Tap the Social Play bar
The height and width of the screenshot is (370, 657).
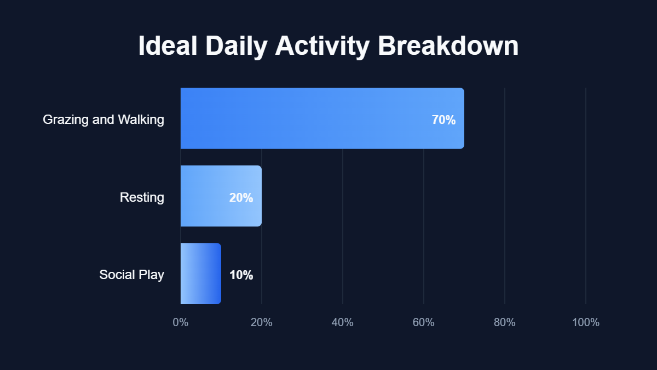pos(201,274)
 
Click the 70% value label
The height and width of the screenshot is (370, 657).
pos(443,120)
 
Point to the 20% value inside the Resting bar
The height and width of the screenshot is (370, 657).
pos(241,198)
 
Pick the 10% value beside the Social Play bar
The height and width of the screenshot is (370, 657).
pos(241,275)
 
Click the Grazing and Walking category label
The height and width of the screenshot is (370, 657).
pos(103,119)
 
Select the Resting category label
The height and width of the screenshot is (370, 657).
pos(142,197)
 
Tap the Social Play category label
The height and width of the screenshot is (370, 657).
pos(131,275)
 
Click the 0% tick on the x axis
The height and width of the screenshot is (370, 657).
pos(181,322)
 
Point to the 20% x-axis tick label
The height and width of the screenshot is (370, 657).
pos(262,322)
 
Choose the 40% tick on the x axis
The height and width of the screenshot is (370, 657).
pos(343,322)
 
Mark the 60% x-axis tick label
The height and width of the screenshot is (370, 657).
pos(424,322)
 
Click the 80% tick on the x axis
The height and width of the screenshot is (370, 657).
pos(505,322)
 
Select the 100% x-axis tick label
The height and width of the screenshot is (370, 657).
pos(586,322)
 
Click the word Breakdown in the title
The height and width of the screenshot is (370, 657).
pos(448,46)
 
